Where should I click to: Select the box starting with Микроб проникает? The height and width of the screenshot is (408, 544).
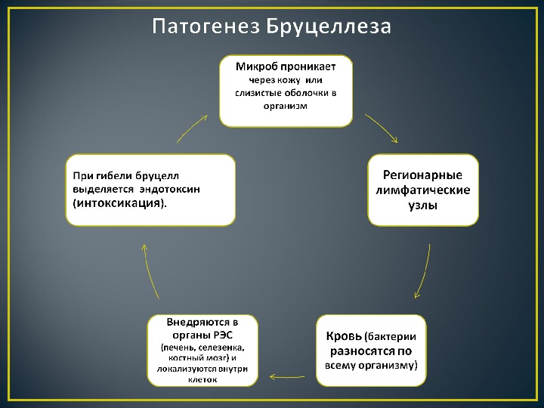[x=286, y=91]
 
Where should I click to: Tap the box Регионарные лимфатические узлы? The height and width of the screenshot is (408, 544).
[x=423, y=189]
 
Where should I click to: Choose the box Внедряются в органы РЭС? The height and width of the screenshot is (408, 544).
[x=202, y=350]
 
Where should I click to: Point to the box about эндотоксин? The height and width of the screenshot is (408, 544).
[x=150, y=190]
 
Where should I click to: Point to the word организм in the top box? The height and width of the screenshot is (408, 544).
[x=286, y=107]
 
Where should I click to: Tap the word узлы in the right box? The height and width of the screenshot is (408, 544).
[x=423, y=205]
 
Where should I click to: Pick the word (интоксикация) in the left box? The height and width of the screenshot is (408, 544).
[x=119, y=204]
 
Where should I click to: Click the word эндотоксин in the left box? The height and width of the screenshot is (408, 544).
[x=181, y=189]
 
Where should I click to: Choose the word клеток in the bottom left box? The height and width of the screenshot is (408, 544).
[x=202, y=380]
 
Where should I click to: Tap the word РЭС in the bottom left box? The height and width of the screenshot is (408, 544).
[x=222, y=335]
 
